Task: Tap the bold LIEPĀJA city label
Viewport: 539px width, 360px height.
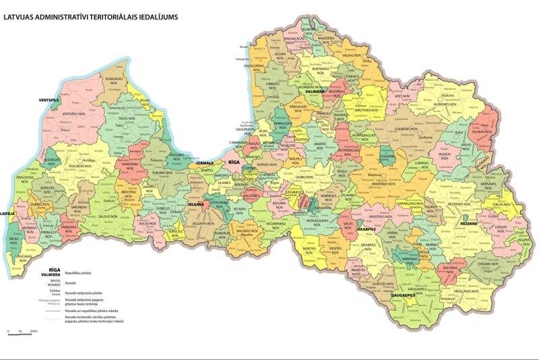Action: [7, 213]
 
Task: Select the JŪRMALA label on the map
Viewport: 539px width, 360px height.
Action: [204, 163]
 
